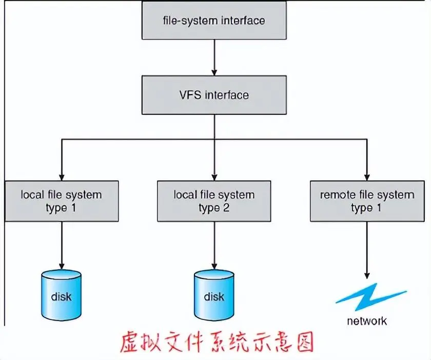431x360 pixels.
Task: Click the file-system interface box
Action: tap(214, 21)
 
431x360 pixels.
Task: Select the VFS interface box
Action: tap(214, 95)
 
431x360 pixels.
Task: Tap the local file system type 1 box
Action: tap(61, 201)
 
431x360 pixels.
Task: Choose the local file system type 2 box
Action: tap(214, 201)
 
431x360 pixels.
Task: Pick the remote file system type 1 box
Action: tap(367, 201)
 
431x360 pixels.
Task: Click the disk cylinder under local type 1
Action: tap(61, 295)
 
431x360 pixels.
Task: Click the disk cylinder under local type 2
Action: tap(214, 295)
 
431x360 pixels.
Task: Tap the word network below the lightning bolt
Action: tap(367, 322)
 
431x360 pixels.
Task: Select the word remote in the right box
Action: tap(337, 195)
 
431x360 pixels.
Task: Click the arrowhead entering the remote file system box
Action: tap(367, 175)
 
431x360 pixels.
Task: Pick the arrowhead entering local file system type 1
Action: tap(61, 175)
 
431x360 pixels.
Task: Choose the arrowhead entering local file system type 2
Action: tap(214, 175)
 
